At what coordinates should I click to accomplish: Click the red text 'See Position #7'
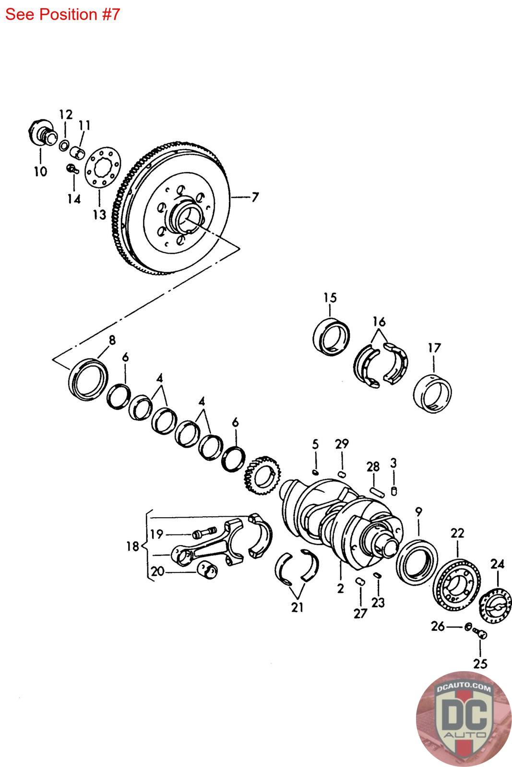62,14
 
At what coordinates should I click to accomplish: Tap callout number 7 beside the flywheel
255,197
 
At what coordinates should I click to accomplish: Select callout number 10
40,171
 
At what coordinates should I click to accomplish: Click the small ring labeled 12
64,145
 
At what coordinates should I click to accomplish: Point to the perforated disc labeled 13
103,167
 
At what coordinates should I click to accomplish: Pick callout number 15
330,298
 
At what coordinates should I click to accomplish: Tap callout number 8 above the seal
112,340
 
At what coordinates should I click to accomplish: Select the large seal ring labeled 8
88,379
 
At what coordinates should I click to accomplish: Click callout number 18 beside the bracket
133,546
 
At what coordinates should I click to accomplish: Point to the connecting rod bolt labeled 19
204,533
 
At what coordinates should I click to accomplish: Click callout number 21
297,607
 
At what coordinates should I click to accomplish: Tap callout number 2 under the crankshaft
340,588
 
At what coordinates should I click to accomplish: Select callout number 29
342,444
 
